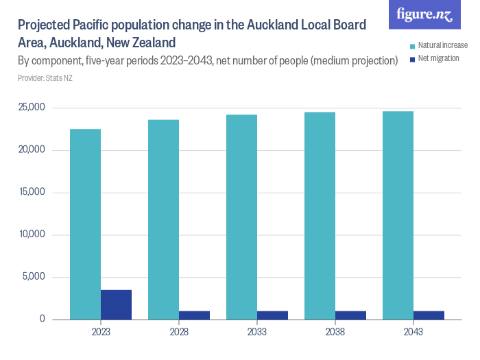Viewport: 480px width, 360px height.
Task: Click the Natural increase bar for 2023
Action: point(86,224)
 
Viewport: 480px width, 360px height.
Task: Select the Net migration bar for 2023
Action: point(116,304)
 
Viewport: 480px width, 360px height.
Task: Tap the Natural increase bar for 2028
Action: point(164,219)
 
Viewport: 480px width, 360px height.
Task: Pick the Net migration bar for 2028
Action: point(194,315)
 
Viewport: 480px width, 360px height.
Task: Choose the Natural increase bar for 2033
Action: point(242,217)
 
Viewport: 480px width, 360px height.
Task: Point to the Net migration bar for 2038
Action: point(350,315)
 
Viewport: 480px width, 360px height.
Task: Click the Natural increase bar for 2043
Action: point(398,215)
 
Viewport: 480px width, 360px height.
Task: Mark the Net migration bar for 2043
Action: point(429,315)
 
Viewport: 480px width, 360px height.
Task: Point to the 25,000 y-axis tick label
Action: point(31,108)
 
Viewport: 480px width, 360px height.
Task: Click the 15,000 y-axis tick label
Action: point(31,192)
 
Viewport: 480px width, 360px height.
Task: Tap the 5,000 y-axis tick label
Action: point(34,277)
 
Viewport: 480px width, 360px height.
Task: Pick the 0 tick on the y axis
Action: point(42,320)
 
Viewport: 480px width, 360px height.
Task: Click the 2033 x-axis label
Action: point(257,332)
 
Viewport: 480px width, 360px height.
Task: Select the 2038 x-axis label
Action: point(335,332)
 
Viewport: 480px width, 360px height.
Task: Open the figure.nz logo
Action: point(424,15)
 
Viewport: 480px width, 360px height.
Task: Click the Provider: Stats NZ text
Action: point(45,78)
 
